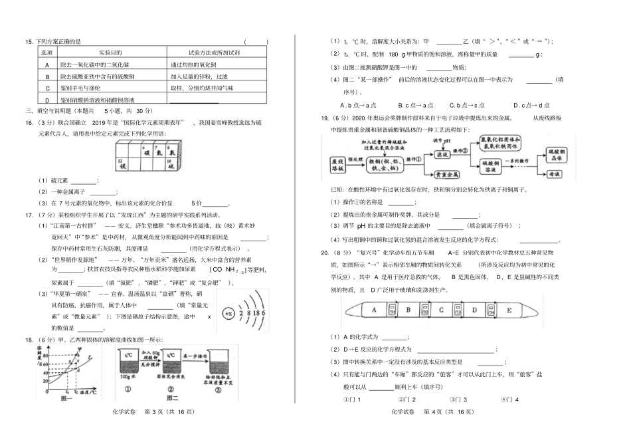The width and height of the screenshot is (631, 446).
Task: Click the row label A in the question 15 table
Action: [x=47, y=65]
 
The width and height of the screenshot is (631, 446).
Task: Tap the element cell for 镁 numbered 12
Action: [x=122, y=164]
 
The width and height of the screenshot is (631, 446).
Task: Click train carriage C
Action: [x=441, y=309]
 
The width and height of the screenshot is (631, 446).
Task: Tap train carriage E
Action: [x=509, y=310]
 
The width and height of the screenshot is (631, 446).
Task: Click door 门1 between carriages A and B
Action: [x=393, y=309]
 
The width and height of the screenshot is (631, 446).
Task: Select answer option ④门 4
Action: [x=509, y=399]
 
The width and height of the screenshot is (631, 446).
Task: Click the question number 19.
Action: [x=325, y=118]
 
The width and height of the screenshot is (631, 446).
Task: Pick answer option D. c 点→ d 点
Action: [x=532, y=105]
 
